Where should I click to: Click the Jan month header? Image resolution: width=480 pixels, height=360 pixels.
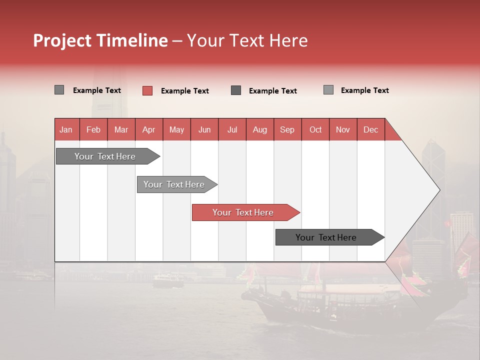[x=66, y=129]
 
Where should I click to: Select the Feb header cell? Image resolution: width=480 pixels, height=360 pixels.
[x=93, y=129]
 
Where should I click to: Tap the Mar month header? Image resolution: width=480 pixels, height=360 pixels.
[x=121, y=129]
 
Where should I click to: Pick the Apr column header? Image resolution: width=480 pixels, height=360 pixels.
[x=149, y=129]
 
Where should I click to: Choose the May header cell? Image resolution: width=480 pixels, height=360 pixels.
[x=176, y=129]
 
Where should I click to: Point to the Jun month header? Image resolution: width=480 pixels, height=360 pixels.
[x=204, y=129]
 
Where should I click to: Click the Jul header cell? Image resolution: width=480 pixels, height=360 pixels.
[x=232, y=129]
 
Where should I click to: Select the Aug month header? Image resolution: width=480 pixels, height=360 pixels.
[x=260, y=129]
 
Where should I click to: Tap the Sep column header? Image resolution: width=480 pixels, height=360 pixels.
[x=287, y=129]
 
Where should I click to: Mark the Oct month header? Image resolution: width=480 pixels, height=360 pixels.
[x=315, y=129]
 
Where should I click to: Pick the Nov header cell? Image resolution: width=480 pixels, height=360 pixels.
[x=343, y=129]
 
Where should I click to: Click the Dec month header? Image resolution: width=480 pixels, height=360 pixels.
[x=371, y=129]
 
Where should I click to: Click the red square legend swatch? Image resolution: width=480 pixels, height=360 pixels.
[x=147, y=90]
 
